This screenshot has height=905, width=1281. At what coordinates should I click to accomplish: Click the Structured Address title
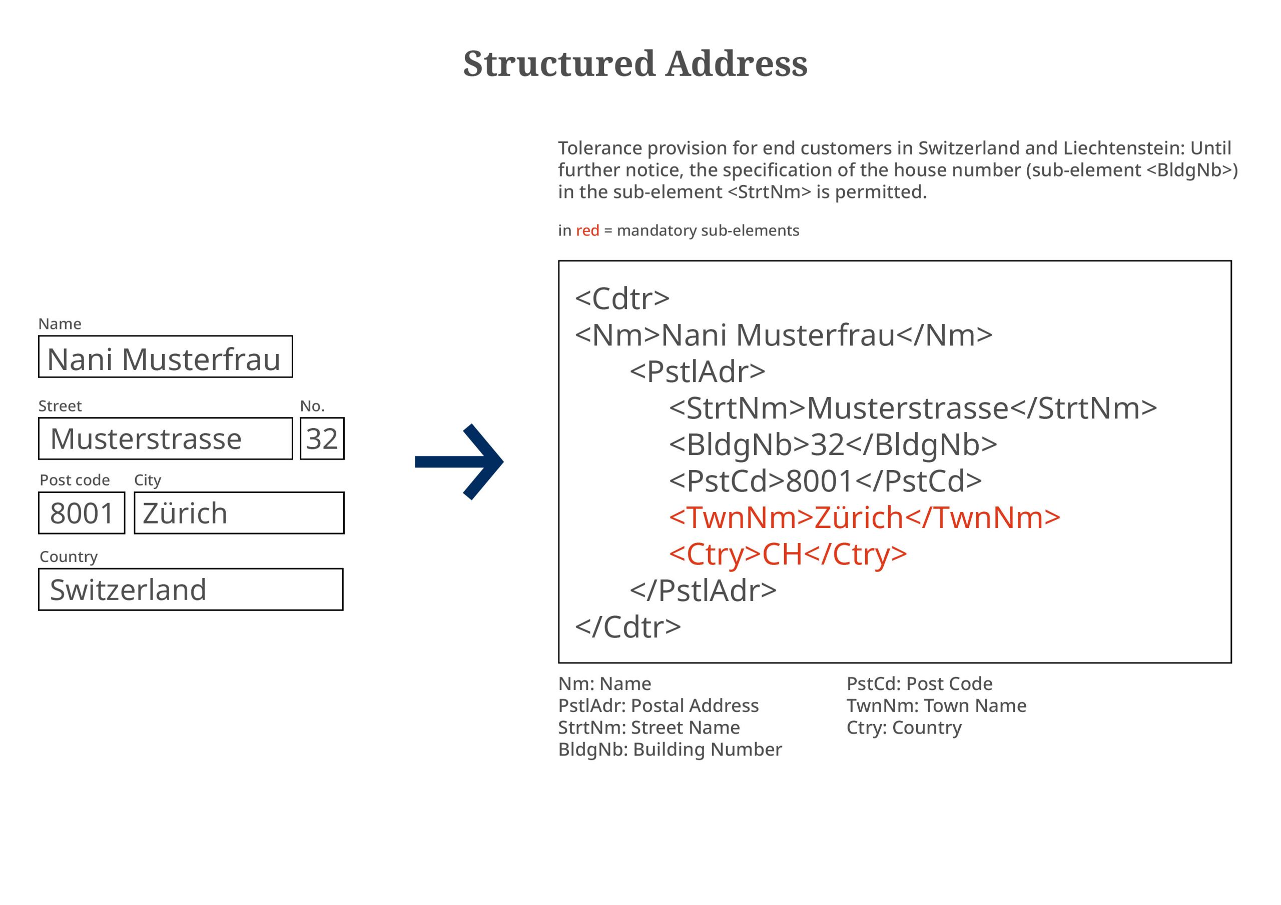click(635, 63)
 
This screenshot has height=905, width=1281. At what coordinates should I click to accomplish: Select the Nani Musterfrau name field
click(165, 357)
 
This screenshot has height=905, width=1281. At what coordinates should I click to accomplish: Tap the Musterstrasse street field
click(165, 439)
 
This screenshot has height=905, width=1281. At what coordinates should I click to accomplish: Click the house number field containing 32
click(322, 439)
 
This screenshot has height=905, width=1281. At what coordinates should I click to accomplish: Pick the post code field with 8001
click(82, 513)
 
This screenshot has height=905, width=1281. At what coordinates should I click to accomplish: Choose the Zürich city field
click(239, 513)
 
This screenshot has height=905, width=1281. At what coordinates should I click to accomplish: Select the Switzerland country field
click(191, 589)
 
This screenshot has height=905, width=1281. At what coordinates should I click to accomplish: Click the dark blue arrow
click(459, 461)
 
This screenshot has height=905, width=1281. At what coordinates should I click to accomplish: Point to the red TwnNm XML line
click(864, 517)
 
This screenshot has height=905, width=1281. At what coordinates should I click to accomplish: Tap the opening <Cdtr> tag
click(622, 298)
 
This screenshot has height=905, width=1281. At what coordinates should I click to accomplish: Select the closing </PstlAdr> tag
click(703, 590)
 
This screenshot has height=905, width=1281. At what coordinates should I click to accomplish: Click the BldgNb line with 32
click(833, 445)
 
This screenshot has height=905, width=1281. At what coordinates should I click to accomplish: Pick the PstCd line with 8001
click(825, 480)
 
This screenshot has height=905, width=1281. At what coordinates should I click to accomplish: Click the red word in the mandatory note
click(587, 230)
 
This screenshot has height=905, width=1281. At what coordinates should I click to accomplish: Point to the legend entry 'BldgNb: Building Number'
click(670, 749)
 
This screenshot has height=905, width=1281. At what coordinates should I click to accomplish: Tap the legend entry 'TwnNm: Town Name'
click(936, 705)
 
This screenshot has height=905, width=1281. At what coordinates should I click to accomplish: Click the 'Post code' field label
click(75, 480)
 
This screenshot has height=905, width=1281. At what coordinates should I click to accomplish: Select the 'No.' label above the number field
click(312, 406)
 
